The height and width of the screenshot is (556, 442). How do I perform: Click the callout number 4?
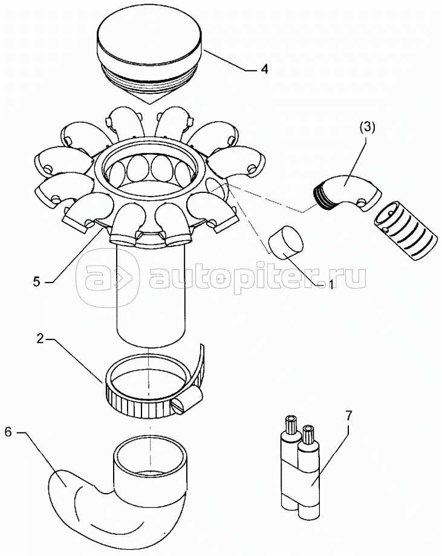tap(264, 69)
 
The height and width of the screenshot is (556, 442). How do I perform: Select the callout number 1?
tap(331, 284)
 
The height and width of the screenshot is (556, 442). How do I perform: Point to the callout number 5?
tap(37, 282)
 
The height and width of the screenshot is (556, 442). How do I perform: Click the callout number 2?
tap(41, 339)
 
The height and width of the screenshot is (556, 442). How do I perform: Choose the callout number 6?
tap(9, 432)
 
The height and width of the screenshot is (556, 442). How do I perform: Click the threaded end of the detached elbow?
tap(323, 198)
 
